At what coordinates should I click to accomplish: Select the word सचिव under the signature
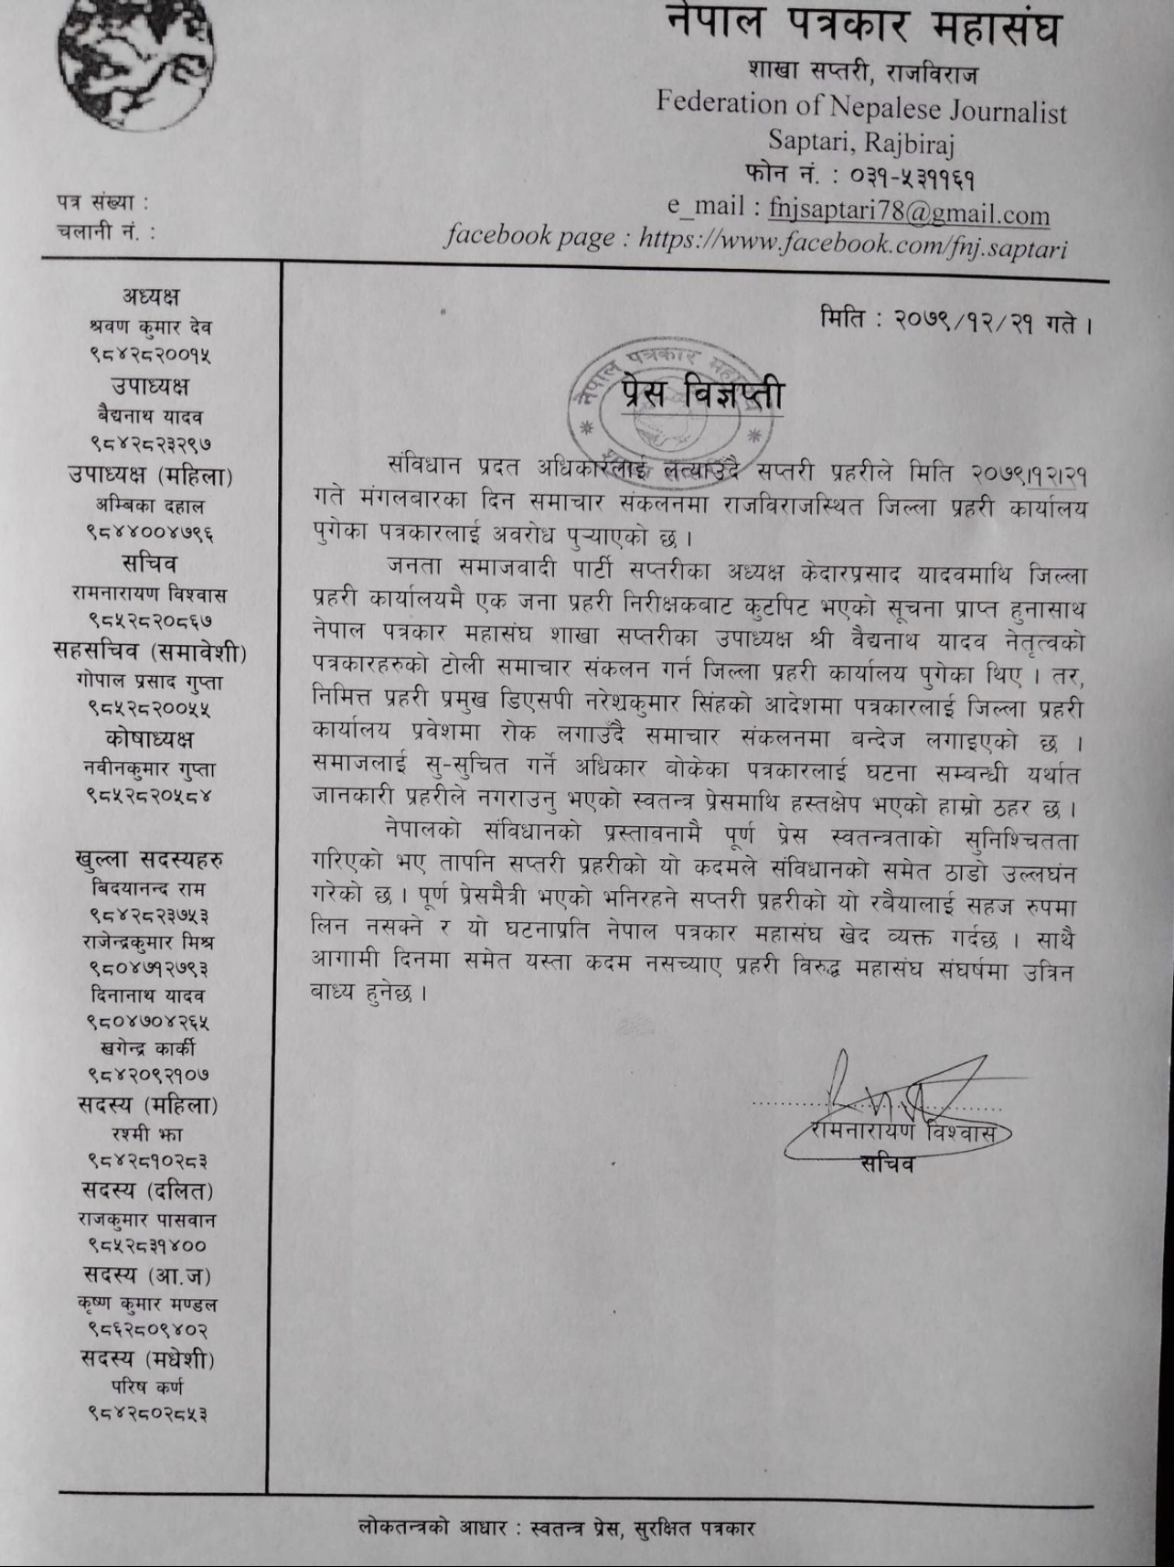pos(886,1165)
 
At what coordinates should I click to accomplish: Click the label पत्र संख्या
pos(101,203)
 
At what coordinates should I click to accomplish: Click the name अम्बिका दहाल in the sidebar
pos(150,505)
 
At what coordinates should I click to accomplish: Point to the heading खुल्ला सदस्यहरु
pos(150,859)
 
